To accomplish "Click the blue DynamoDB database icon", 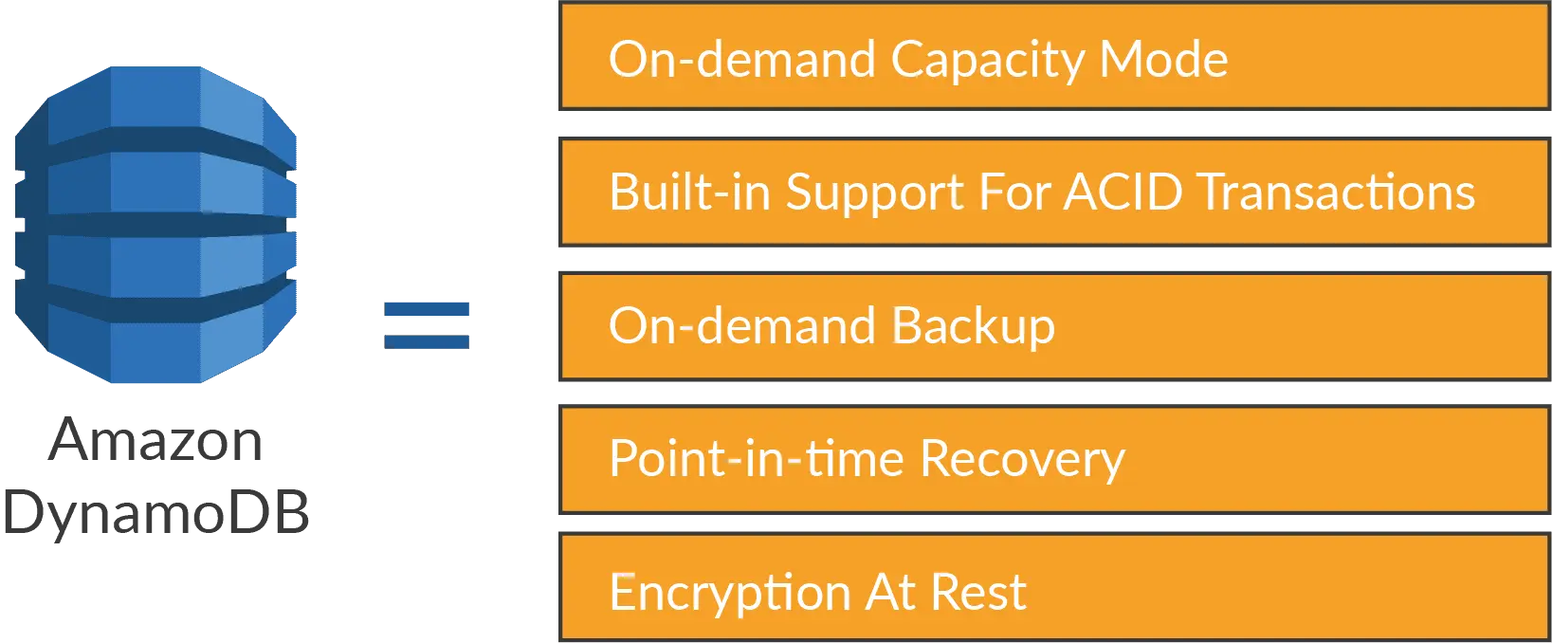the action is click(155, 225).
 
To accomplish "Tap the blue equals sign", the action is click(427, 325).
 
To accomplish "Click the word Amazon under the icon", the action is click(155, 441).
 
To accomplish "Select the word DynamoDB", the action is click(155, 514).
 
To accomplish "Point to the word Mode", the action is click(1164, 60).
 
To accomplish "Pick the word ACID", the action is click(1123, 192).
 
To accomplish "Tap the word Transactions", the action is click(1337, 192).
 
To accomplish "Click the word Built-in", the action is click(690, 192).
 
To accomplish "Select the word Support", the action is click(875, 194).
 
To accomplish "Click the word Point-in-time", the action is click(757, 460).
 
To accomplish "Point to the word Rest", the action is click(978, 593).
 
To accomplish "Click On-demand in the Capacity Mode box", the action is click(742, 59).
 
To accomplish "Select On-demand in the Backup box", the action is click(742, 325).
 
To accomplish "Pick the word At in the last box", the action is click(890, 593).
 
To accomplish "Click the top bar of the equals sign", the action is click(427, 309).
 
